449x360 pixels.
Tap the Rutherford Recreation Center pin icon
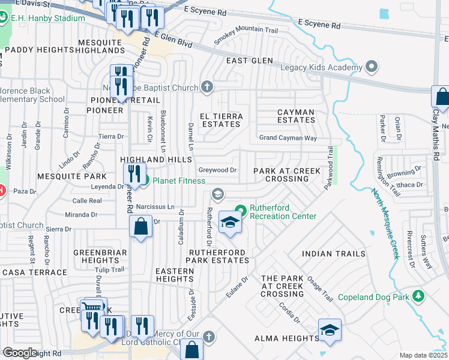241,210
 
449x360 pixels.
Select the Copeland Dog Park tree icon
418,296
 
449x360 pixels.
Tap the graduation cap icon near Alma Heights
329,330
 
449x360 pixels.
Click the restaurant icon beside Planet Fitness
133,175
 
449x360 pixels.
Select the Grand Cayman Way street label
288,138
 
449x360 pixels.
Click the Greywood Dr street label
218,170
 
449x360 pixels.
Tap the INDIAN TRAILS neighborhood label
334,254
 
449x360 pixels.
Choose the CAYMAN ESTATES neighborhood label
295,116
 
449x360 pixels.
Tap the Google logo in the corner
20,353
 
